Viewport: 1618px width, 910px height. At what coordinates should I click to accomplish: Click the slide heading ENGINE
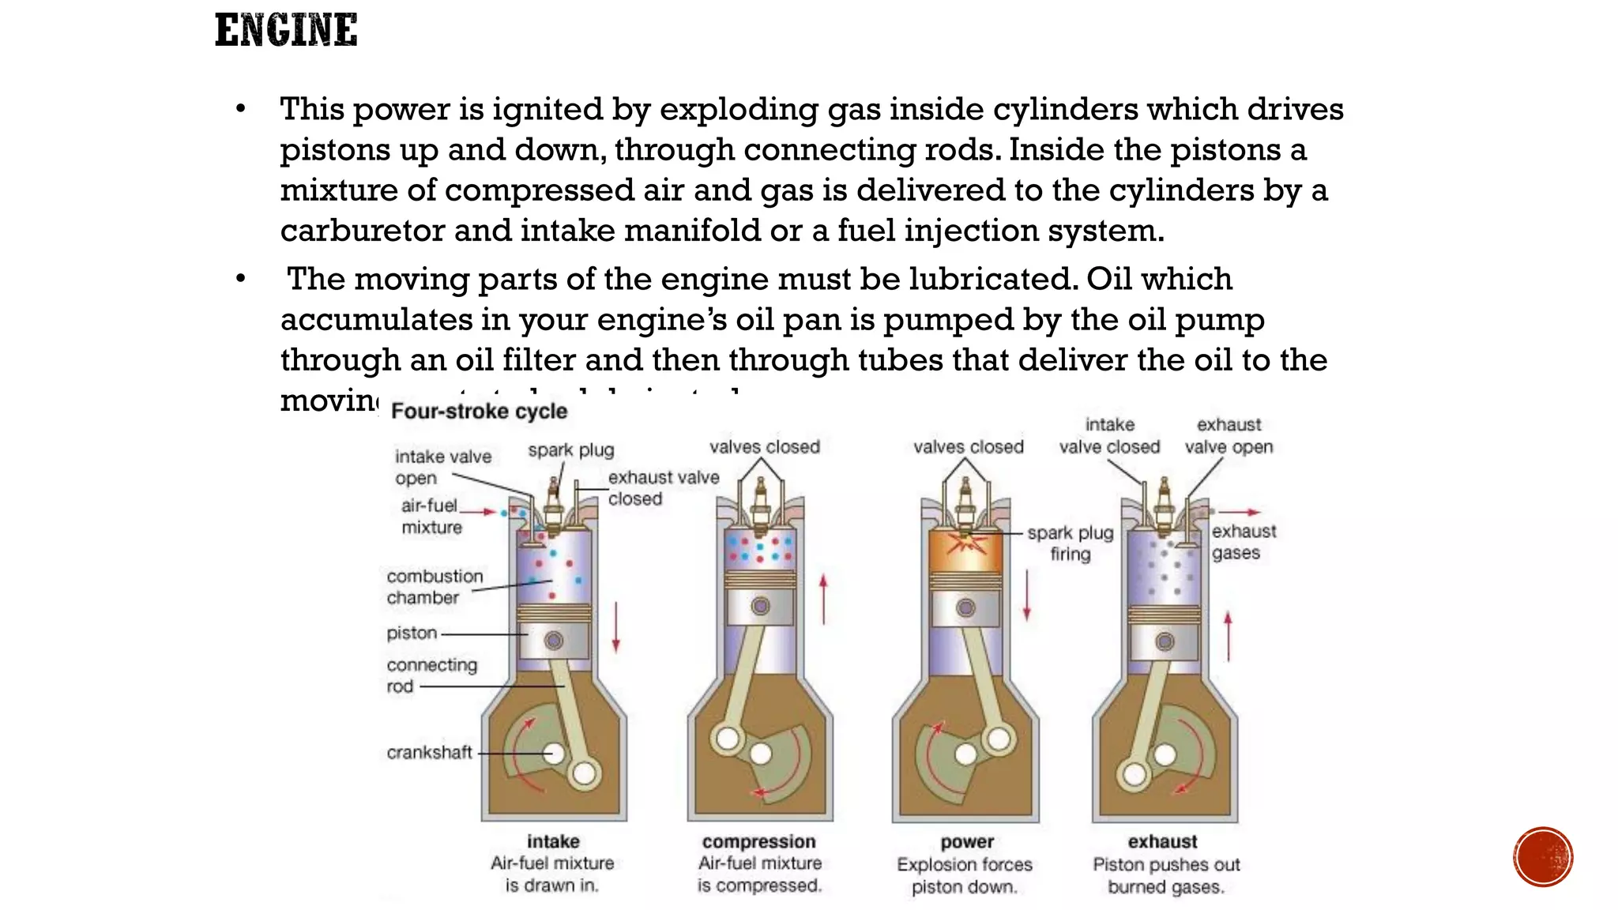[x=286, y=31]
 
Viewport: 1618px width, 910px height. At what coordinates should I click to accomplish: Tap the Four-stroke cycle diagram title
[x=479, y=412]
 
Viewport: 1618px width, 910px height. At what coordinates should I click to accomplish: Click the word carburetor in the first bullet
[x=362, y=231]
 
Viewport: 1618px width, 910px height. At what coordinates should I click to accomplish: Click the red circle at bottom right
[x=1543, y=856]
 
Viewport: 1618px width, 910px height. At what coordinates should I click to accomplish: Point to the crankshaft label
[x=429, y=753]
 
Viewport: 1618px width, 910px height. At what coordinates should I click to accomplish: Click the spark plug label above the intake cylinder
[x=570, y=450]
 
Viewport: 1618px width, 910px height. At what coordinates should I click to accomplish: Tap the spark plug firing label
[x=1071, y=543]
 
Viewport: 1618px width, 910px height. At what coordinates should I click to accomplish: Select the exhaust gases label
[x=1243, y=542]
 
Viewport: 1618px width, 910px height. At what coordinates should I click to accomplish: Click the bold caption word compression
[x=758, y=842]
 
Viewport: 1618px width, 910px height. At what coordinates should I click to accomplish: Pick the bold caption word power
[x=967, y=842]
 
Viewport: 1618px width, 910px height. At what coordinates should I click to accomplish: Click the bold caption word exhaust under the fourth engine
[x=1162, y=842]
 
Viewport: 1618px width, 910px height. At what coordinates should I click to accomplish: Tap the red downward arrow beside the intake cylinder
[x=616, y=627]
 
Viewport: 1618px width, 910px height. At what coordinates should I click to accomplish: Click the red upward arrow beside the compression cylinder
[x=823, y=599]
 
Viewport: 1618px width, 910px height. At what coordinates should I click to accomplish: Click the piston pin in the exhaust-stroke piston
[x=1165, y=641]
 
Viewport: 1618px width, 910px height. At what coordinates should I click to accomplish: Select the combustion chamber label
[x=434, y=587]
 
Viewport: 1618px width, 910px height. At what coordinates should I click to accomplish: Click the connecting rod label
[x=431, y=675]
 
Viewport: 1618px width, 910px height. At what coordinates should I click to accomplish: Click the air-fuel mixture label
[x=430, y=517]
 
